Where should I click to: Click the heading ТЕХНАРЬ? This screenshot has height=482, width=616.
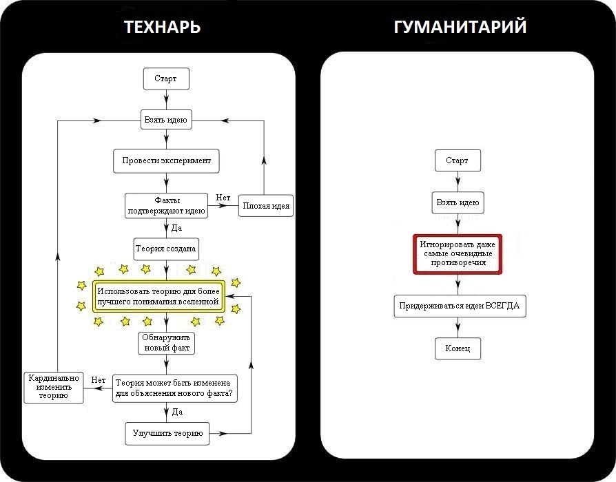pyautogui.click(x=163, y=27)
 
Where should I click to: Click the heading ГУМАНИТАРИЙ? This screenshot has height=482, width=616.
pyautogui.click(x=460, y=27)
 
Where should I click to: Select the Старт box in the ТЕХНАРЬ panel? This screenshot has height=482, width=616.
pyautogui.click(x=165, y=78)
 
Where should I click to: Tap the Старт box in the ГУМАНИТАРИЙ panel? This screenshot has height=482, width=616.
pyautogui.click(x=457, y=160)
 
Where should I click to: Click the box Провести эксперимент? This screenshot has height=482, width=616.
pyautogui.click(x=166, y=160)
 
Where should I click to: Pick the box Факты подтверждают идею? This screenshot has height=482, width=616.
pyautogui.click(x=166, y=205)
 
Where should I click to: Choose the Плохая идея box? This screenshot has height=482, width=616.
pyautogui.click(x=266, y=205)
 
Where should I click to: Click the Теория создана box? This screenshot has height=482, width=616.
pyautogui.click(x=166, y=249)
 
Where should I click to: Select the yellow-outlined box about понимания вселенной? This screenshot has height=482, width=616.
pyautogui.click(x=158, y=296)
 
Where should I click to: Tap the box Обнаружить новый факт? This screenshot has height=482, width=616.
pyautogui.click(x=166, y=343)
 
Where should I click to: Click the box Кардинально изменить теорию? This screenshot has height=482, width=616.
pyautogui.click(x=54, y=387)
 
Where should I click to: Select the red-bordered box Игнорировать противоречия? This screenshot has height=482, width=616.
pyautogui.click(x=458, y=253)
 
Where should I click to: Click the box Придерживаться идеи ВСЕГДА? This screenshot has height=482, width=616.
pyautogui.click(x=460, y=306)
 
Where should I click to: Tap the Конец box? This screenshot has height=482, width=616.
pyautogui.click(x=457, y=348)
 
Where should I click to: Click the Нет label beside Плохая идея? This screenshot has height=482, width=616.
pyautogui.click(x=223, y=198)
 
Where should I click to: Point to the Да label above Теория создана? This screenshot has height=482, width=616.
pyautogui.click(x=176, y=227)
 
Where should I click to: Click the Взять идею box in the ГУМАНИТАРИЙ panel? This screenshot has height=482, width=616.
pyautogui.click(x=458, y=203)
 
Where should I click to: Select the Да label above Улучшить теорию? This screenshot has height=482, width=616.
pyautogui.click(x=177, y=412)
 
